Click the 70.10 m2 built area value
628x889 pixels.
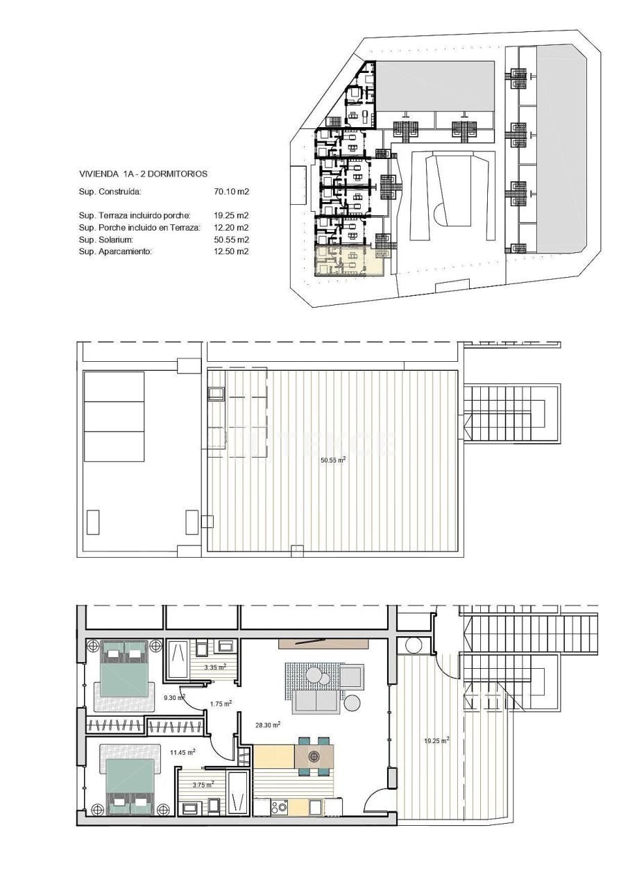[x=232, y=191]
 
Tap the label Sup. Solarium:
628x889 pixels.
[x=110, y=240]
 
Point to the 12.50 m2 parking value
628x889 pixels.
[x=232, y=251]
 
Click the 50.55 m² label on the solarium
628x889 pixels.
[x=333, y=460]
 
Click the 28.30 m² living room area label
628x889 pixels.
[x=267, y=724]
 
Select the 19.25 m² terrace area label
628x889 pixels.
[x=436, y=740]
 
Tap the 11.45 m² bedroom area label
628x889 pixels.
[x=183, y=751]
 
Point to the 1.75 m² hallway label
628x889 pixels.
[x=221, y=703]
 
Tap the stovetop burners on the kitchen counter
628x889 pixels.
[x=280, y=807]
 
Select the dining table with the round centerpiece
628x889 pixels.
[x=314, y=755]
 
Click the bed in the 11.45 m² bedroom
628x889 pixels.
[x=130, y=786]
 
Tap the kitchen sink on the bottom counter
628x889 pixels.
[x=315, y=808]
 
